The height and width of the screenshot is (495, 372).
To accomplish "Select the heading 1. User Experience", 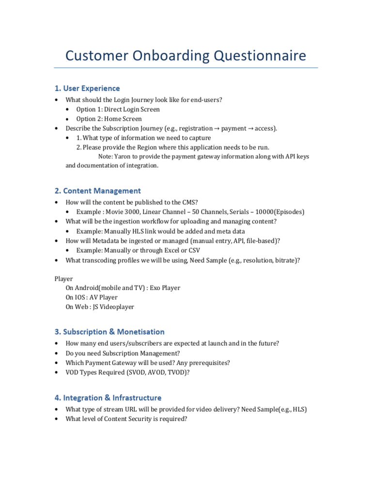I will click(x=87, y=88).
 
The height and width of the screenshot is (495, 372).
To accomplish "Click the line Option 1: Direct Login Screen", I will click(x=118, y=109).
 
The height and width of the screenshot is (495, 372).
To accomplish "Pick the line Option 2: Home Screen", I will click(x=109, y=119).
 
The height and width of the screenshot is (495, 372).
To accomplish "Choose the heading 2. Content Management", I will click(x=97, y=191).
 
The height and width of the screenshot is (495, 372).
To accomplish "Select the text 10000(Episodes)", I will click(x=279, y=212).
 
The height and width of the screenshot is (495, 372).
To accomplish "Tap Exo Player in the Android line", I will click(x=165, y=288).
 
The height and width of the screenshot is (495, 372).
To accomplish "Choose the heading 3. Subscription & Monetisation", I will click(x=109, y=332).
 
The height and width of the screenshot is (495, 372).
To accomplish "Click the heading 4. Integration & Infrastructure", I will click(x=108, y=398).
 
